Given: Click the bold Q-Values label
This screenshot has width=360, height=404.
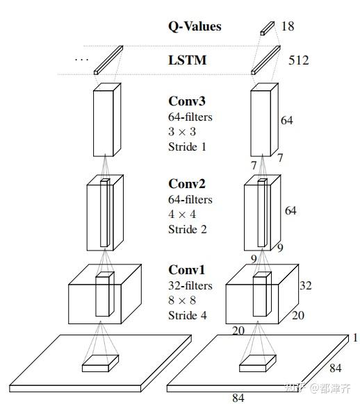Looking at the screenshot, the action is pyautogui.click(x=195, y=26).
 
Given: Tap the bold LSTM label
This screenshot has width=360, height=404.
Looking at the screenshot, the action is pyautogui.click(x=188, y=60).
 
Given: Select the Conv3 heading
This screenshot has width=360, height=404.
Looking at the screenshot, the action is pyautogui.click(x=187, y=101).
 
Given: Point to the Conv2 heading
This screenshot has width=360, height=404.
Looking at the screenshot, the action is pyautogui.click(x=187, y=184).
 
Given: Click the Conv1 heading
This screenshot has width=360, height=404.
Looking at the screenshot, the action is pyautogui.click(x=187, y=270).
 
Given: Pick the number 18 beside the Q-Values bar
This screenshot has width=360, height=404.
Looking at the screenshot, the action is pyautogui.click(x=288, y=26).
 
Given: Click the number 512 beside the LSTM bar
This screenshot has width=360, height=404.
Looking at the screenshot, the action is pyautogui.click(x=299, y=60).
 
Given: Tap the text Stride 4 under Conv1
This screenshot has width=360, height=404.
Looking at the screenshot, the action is pyautogui.click(x=188, y=315).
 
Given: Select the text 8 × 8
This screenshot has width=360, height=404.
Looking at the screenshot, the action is pyautogui.click(x=182, y=301).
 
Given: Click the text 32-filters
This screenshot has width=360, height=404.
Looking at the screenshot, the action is pyautogui.click(x=190, y=285).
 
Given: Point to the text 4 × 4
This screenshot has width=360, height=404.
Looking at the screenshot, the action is pyautogui.click(x=182, y=214).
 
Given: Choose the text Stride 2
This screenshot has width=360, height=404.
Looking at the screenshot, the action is pyautogui.click(x=188, y=229).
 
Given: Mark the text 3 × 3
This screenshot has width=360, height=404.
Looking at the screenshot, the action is pyautogui.click(x=182, y=132).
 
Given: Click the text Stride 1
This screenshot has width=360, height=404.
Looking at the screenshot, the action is pyautogui.click(x=187, y=147).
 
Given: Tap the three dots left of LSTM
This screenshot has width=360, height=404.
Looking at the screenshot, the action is pyautogui.click(x=81, y=60).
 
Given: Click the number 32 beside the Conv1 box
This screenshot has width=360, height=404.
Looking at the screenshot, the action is pyautogui.click(x=306, y=285).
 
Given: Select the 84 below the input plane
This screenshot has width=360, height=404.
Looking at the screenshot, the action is pyautogui.click(x=238, y=398).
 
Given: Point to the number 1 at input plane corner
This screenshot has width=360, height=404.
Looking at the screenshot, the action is pyautogui.click(x=355, y=338).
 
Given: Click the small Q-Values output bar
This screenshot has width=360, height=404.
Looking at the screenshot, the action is pyautogui.click(x=268, y=28).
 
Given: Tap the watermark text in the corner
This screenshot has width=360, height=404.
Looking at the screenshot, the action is pyautogui.click(x=318, y=388).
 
